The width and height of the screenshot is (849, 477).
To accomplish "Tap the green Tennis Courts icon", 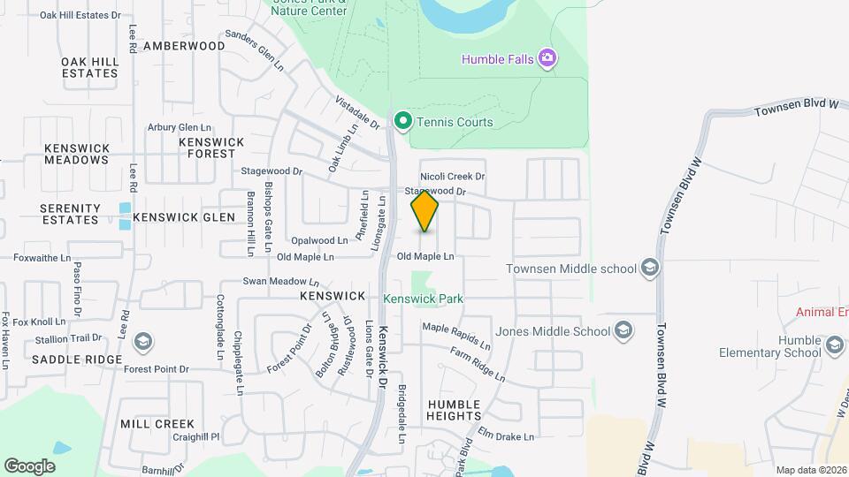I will pyautogui.click(x=403, y=121).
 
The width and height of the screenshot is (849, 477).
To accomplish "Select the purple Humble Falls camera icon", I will pyautogui.click(x=548, y=59).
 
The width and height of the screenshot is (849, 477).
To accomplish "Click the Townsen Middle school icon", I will pyautogui.click(x=650, y=269).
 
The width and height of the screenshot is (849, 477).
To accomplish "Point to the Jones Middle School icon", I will pyautogui.click(x=623, y=331).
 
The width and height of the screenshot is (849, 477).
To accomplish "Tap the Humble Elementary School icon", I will pyautogui.click(x=833, y=346).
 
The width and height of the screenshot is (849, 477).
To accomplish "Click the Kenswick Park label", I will pyautogui.click(x=423, y=299).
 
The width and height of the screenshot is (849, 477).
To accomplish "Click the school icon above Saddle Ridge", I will pyautogui.click(x=141, y=341).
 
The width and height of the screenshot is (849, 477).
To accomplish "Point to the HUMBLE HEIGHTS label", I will pyautogui.click(x=455, y=409).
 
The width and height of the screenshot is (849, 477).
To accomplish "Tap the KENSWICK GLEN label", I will pyautogui.click(x=184, y=217).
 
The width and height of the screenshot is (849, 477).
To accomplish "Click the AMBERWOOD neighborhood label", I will pyautogui.click(x=184, y=46).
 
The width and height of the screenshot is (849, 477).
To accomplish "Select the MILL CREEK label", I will pyautogui.click(x=157, y=424).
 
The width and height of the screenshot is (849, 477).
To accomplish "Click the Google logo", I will pyautogui.click(x=29, y=466).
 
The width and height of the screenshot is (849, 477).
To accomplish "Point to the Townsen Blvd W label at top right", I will pyautogui.click(x=796, y=107).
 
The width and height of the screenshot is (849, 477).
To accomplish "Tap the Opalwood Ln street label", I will pyautogui.click(x=319, y=240).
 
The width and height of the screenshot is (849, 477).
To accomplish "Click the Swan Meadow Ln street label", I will pyautogui.click(x=281, y=282).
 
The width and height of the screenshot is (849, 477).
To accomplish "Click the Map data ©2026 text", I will pyautogui.click(x=810, y=470).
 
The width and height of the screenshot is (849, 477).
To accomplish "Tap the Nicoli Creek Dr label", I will pyautogui.click(x=453, y=176).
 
